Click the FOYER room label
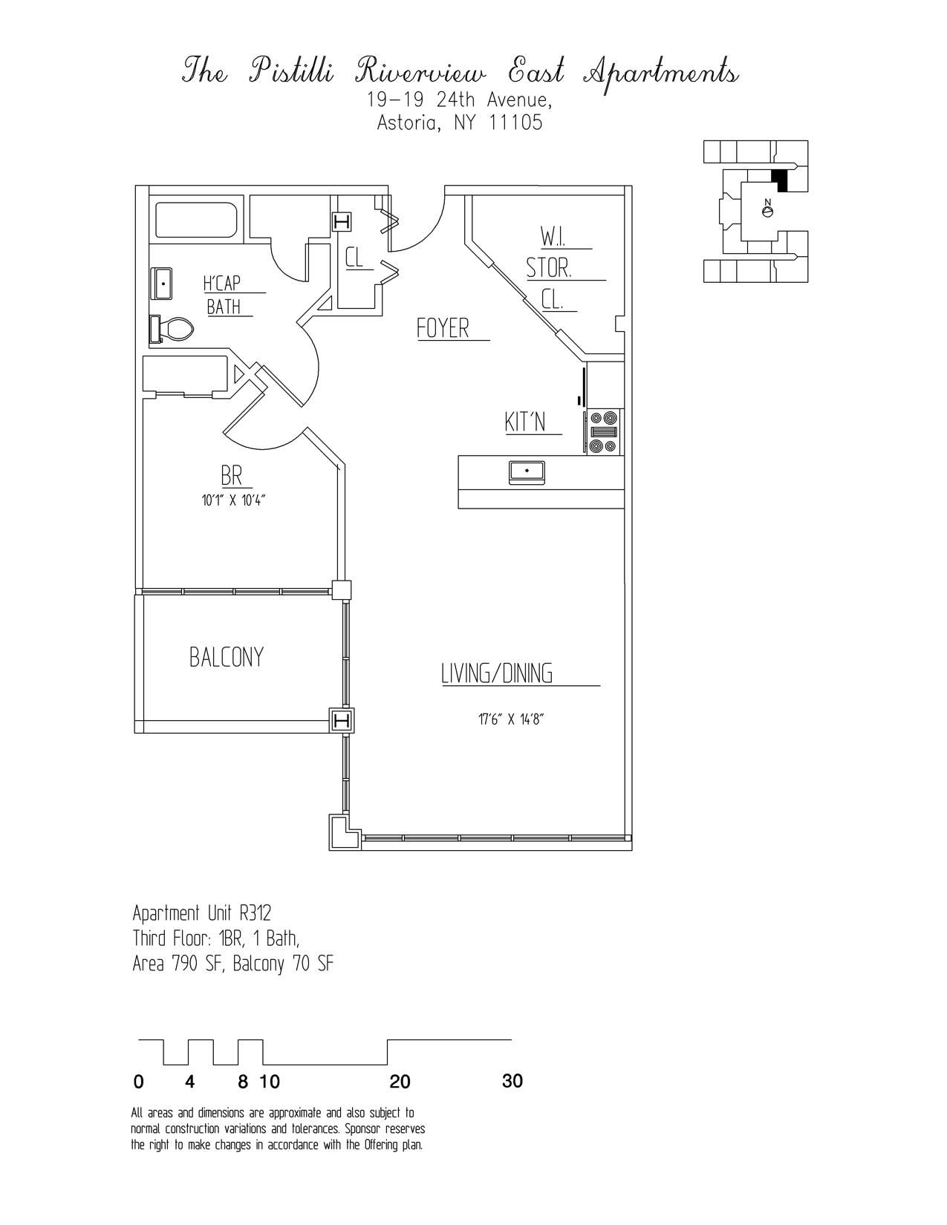443,328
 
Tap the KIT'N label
525,422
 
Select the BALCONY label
227,658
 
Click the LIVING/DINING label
497,673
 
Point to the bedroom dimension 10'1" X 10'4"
233,500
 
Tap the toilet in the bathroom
172,329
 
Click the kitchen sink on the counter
527,471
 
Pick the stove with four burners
602,433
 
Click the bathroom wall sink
162,284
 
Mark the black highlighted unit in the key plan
780,180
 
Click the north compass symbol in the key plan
769,211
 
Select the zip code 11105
515,123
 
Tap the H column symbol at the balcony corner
342,720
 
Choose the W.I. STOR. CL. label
550,268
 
